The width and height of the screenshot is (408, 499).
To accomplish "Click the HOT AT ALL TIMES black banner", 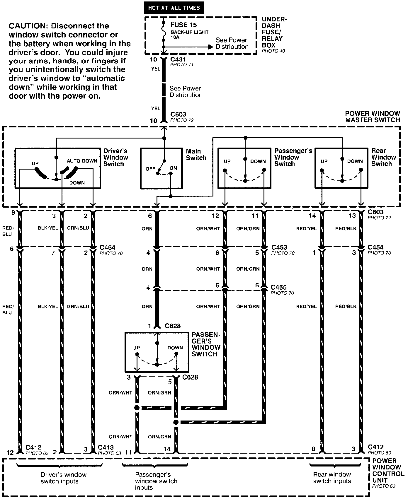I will pyautogui.click(x=174, y=8).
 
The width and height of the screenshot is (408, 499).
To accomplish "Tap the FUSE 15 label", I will pyautogui.click(x=184, y=25).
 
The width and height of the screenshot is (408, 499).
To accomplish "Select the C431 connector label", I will pyautogui.click(x=178, y=59).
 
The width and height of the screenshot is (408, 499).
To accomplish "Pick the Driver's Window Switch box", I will pyautogui.click(x=58, y=168).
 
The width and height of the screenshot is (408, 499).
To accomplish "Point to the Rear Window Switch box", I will pyautogui.click(x=341, y=168).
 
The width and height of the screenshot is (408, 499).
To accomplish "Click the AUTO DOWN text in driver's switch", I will pyautogui.click(x=82, y=161).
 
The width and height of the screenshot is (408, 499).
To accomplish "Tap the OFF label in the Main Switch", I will pyautogui.click(x=150, y=169).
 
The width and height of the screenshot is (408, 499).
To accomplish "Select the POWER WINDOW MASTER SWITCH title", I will pyautogui.click(x=372, y=117).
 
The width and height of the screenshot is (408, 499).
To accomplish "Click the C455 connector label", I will pyautogui.click(x=278, y=287).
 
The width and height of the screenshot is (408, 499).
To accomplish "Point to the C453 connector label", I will pyautogui.click(x=279, y=247).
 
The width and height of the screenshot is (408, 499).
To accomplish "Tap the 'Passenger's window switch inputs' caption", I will pyautogui.click(x=156, y=481).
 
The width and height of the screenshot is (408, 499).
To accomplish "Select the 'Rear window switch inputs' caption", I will pyautogui.click(x=332, y=478).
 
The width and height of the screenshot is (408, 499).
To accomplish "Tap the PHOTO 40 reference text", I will pyautogui.click(x=273, y=51).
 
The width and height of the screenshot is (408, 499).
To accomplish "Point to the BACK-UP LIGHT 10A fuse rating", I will pyautogui.click(x=189, y=35).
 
